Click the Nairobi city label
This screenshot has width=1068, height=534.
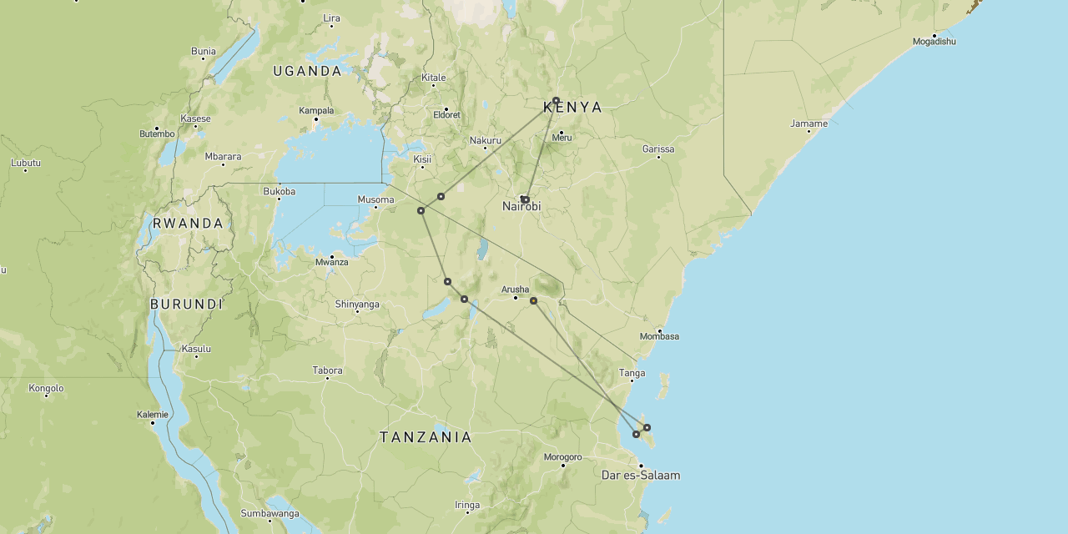(x=521, y=206)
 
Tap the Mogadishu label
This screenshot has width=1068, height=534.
(x=934, y=41)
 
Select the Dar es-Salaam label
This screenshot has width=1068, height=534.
(x=641, y=476)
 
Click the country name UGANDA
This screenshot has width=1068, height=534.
(x=307, y=71)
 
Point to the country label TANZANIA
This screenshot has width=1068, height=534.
(x=426, y=437)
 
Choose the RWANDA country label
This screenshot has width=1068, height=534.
(x=189, y=224)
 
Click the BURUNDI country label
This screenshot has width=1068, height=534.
(x=186, y=305)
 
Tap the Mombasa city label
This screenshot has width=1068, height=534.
(x=659, y=336)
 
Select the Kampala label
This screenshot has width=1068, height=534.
(x=316, y=110)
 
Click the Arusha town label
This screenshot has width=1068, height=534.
(x=515, y=290)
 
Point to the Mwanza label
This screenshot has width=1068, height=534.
(x=331, y=262)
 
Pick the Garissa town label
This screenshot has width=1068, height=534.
(x=658, y=149)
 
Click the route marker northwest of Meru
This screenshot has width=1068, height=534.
(x=556, y=100)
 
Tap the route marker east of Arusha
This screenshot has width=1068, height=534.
(x=534, y=300)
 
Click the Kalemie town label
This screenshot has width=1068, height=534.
(x=153, y=415)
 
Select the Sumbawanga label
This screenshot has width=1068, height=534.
(x=270, y=513)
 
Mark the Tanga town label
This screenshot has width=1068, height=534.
(x=632, y=373)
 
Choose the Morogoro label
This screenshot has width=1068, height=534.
(x=562, y=457)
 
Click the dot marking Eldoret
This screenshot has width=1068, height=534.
(x=446, y=109)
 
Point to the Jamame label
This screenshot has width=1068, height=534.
(x=809, y=123)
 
